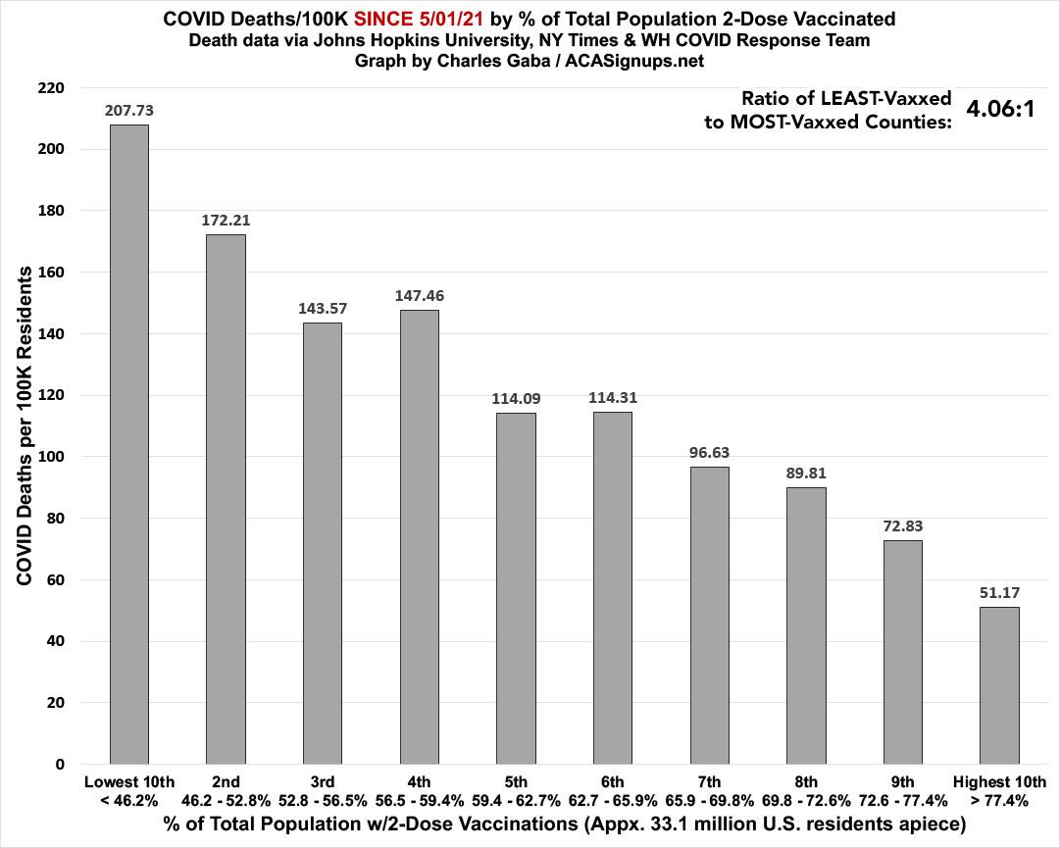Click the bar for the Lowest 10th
click(128, 444)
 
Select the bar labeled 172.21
click(226, 499)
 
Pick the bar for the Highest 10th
click(999, 685)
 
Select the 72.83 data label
click(902, 525)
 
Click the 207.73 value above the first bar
click(128, 111)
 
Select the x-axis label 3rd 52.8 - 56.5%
click(323, 790)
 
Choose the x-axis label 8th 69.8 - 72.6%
click(806, 790)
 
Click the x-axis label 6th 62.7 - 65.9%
click(613, 790)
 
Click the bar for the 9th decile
click(902, 652)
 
